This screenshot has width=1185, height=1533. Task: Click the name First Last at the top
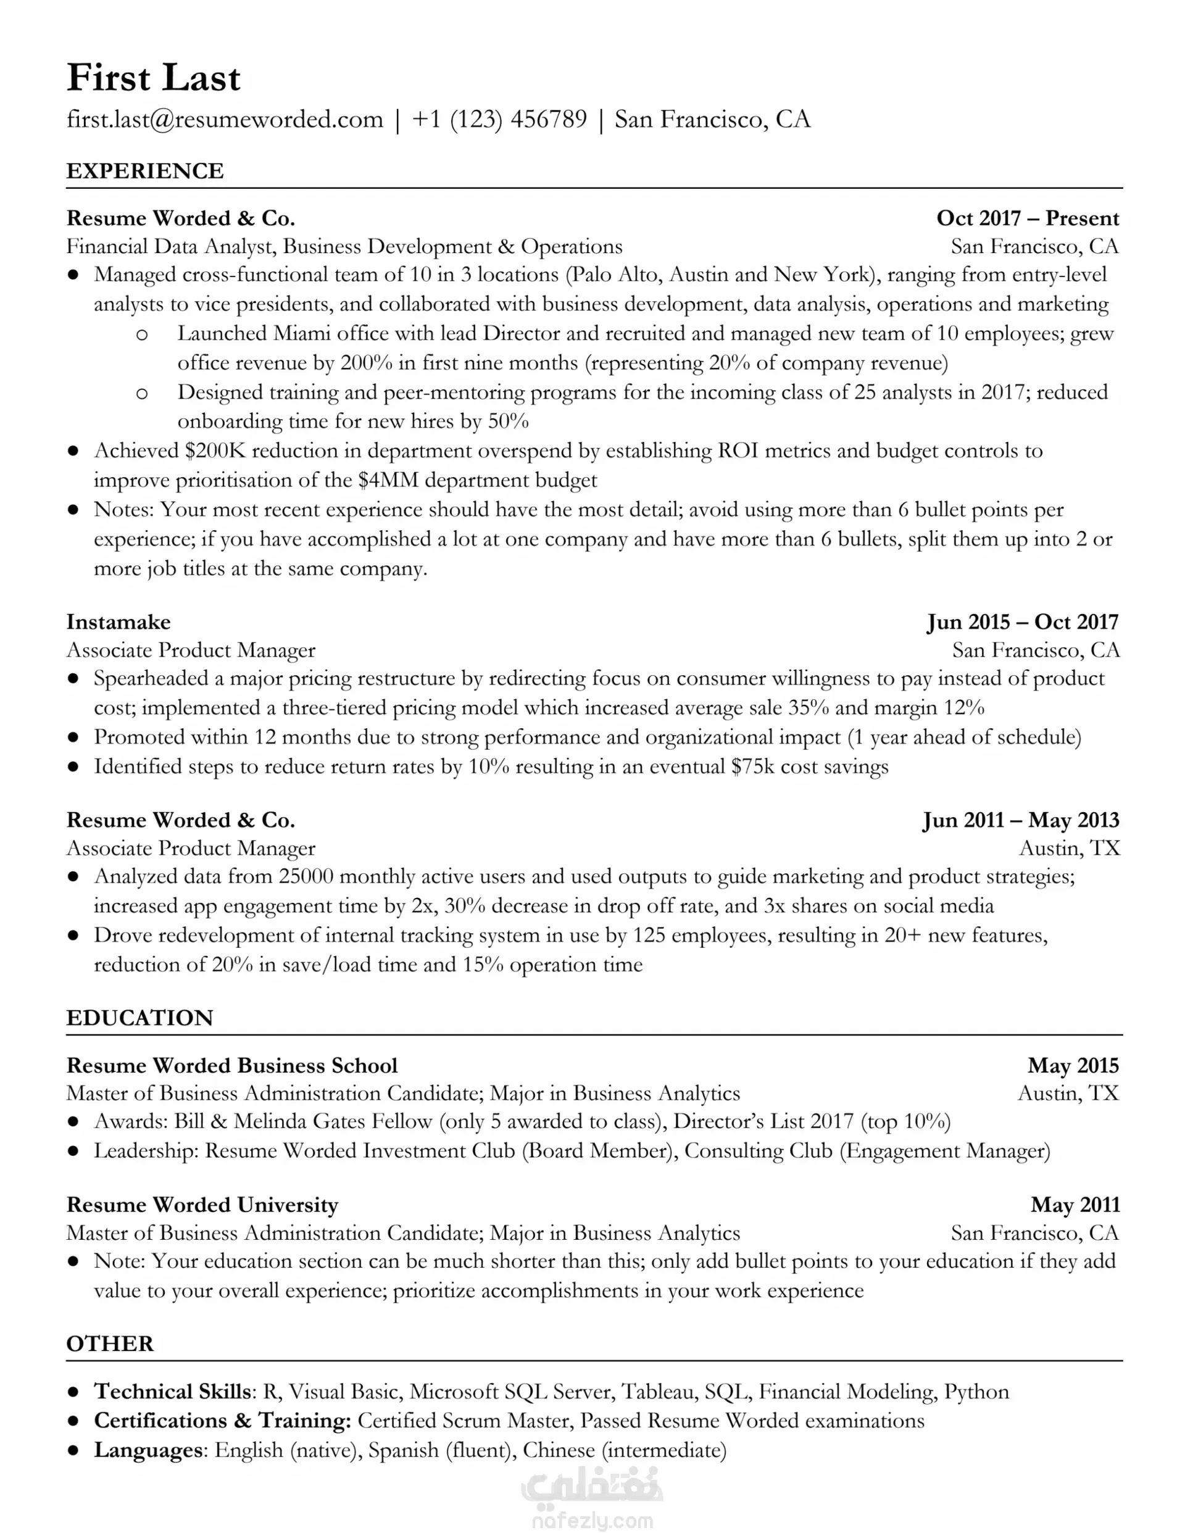(153, 78)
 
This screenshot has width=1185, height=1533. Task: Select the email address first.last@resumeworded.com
(225, 119)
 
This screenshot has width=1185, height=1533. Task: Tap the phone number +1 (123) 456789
(499, 119)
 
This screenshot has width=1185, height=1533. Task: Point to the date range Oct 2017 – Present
(1027, 218)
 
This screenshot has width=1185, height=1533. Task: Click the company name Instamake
(118, 622)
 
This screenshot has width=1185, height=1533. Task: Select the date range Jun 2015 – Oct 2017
(1022, 622)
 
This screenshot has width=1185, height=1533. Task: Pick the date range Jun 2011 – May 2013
(1021, 820)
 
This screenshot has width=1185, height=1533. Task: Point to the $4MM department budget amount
(388, 480)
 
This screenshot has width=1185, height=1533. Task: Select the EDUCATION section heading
(139, 1018)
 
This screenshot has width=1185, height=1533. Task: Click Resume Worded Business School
(231, 1066)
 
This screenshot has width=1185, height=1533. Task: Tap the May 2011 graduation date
(1075, 1205)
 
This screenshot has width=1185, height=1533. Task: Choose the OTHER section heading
(109, 1344)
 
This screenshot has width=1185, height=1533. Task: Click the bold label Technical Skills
(173, 1391)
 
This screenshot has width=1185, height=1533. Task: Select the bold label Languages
(149, 1450)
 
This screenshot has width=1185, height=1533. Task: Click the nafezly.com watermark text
(592, 1521)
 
